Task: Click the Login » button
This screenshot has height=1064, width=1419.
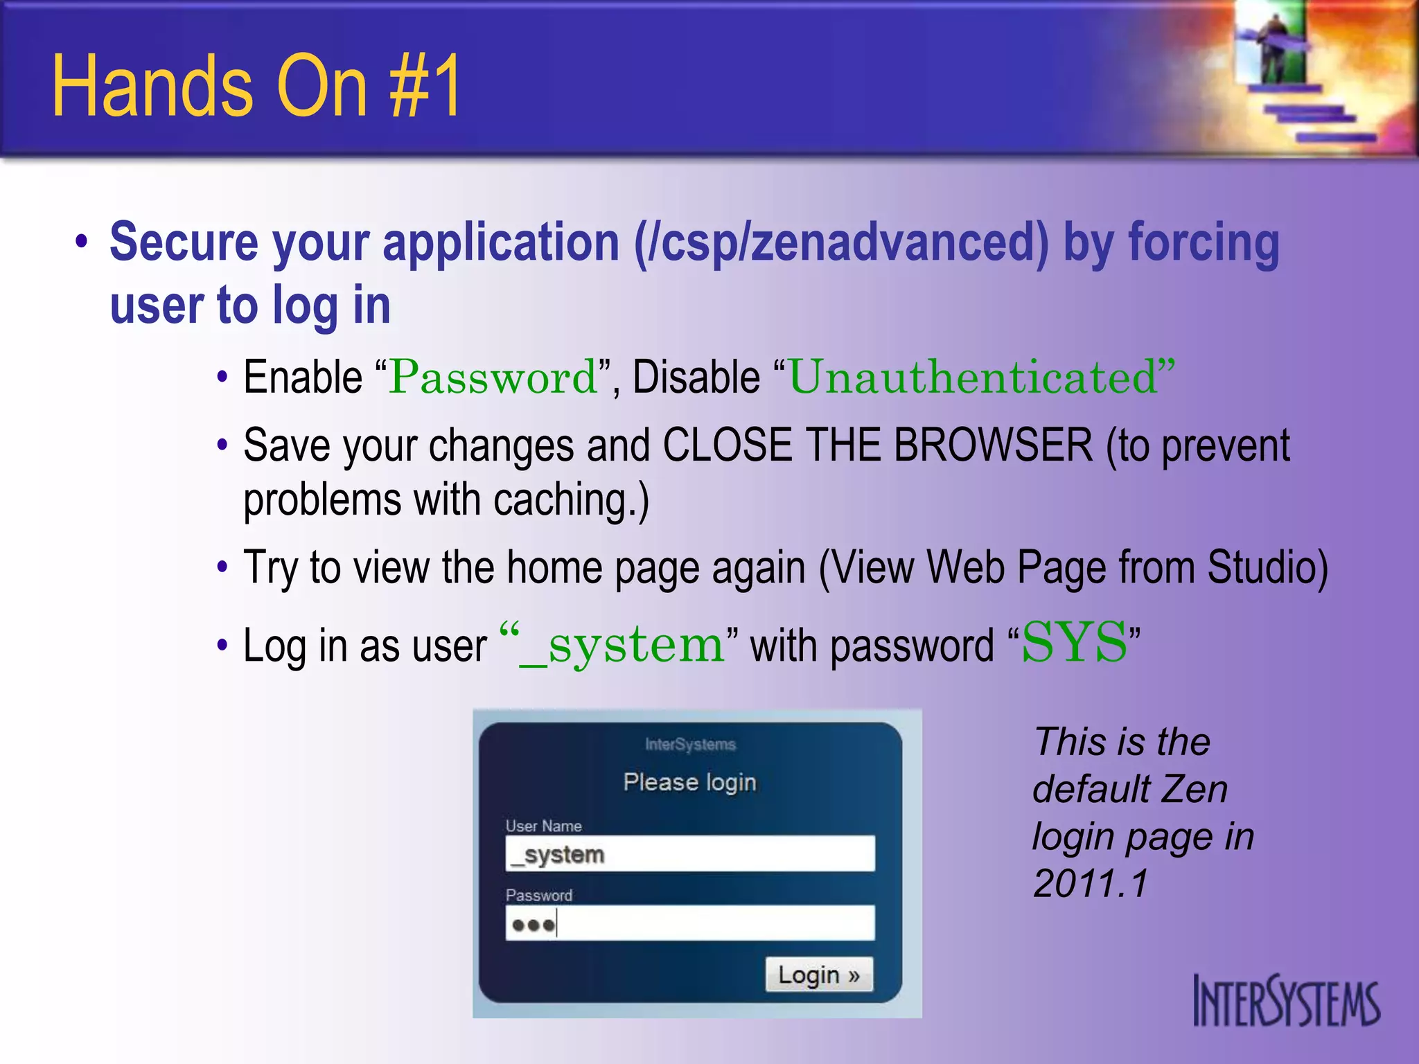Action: pos(818,975)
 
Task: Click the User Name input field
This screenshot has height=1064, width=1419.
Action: pos(690,853)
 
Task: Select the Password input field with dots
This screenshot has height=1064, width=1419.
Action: pos(690,923)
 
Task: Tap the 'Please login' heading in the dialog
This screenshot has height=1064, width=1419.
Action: pos(689,782)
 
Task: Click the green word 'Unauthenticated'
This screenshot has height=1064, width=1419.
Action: pos(973,378)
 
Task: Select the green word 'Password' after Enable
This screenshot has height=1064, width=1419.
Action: pos(493,378)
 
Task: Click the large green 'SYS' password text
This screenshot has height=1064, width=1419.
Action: pos(1074,643)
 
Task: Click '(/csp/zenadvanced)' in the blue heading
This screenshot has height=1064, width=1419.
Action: pos(841,242)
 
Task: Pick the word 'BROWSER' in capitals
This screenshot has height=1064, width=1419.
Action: pos(993,445)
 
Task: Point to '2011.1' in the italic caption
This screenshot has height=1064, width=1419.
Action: pos(1090,883)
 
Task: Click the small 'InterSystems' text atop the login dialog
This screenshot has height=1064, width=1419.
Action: pos(690,745)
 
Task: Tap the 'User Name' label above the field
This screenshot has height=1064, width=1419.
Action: pos(543,826)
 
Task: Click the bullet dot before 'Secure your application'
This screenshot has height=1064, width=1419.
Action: pos(82,243)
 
